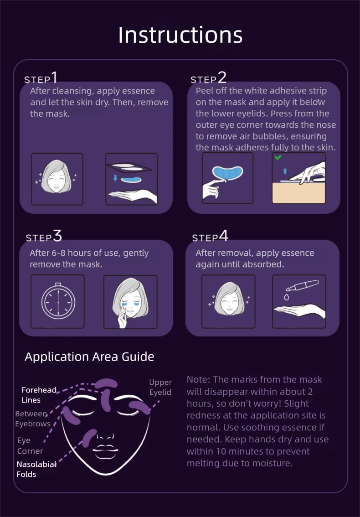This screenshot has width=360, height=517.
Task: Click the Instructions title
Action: coord(180,35)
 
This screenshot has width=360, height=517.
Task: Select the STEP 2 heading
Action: coord(208,78)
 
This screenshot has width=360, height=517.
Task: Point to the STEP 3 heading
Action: coord(43,237)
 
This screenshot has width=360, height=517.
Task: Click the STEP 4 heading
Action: coord(210,237)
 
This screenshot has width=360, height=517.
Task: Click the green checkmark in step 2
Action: coord(278,158)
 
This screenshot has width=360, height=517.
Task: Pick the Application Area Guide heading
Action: coord(89,357)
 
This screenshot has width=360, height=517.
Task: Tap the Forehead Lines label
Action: coord(39,395)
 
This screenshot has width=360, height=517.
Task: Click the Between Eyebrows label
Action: coord(33,419)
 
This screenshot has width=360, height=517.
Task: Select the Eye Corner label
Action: coord(30,446)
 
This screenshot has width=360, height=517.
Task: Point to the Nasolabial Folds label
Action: coord(36,469)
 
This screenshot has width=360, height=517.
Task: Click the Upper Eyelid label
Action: coord(160,387)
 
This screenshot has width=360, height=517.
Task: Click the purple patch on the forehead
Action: coord(106,383)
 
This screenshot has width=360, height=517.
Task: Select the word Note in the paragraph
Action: coord(199,379)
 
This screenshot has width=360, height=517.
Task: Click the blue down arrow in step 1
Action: coord(115,178)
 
